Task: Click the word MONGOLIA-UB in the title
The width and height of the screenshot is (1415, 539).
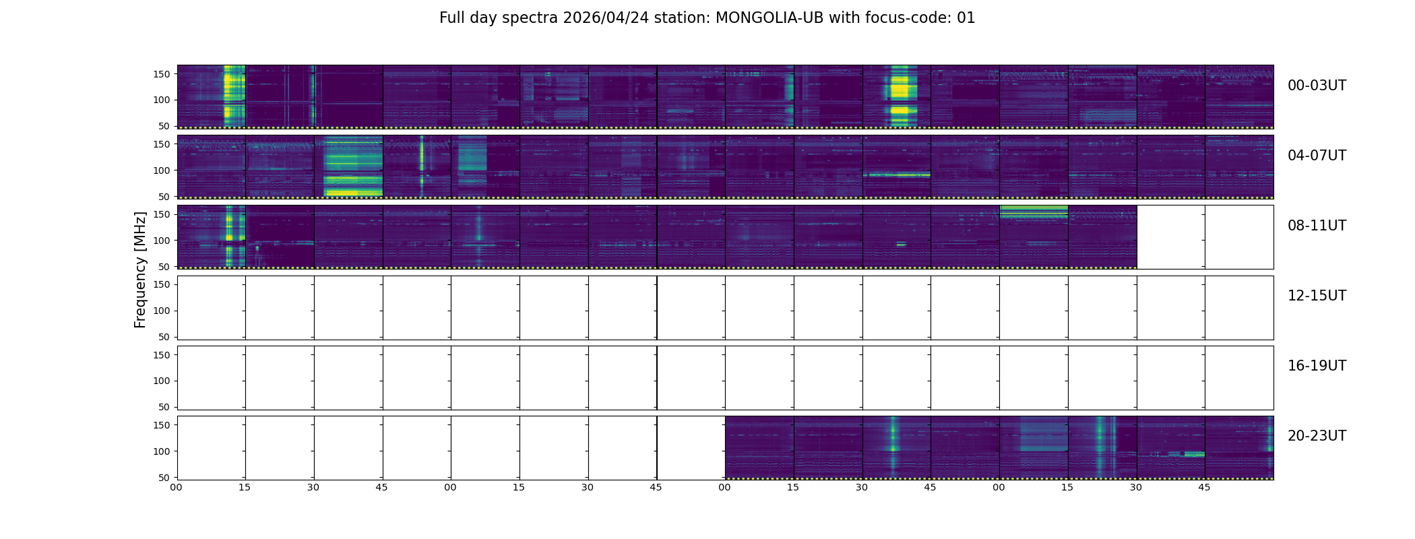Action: click(x=769, y=18)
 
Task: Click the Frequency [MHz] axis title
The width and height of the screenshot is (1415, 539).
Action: click(x=140, y=269)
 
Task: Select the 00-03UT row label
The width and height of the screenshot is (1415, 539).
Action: click(x=1317, y=86)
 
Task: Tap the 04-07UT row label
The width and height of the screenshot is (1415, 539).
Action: click(x=1317, y=156)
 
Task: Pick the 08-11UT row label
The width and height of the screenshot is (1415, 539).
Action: click(x=1317, y=226)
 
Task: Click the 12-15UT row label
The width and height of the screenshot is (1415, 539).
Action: click(x=1317, y=296)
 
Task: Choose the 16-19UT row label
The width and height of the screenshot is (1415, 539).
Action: click(x=1317, y=366)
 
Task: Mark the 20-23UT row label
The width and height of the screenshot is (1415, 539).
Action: click(x=1317, y=436)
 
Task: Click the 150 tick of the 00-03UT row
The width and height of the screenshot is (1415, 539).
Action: click(x=162, y=74)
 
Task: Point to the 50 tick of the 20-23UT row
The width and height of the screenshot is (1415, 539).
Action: click(x=164, y=478)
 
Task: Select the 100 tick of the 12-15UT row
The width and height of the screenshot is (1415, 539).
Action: click(x=162, y=311)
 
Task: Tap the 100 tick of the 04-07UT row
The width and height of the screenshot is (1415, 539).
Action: click(x=162, y=170)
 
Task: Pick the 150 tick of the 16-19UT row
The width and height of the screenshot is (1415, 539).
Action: click(x=162, y=355)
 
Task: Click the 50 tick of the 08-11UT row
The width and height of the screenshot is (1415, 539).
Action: click(x=164, y=267)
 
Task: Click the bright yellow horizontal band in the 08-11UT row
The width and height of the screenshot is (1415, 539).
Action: click(x=1034, y=212)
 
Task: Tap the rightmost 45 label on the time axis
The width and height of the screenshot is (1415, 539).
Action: click(x=1204, y=487)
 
